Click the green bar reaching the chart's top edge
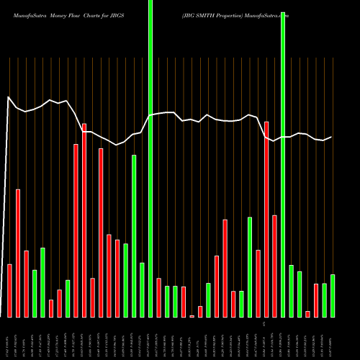click(150, 158)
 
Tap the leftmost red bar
click(10, 291)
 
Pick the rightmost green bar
click(333, 296)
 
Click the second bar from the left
click(18, 253)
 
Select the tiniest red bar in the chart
click(192, 316)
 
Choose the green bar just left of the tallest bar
click(142, 289)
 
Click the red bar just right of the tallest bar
click(158, 297)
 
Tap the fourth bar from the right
click(307, 314)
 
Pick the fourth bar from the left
click(35, 293)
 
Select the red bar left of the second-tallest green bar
click(274, 266)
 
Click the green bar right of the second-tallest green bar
click(291, 291)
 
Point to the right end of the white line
click(331, 137)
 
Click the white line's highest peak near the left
click(8, 97)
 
